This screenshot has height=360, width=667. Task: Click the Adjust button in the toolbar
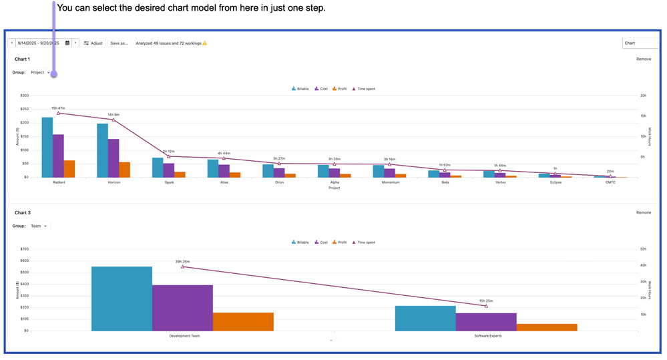click(x=93, y=43)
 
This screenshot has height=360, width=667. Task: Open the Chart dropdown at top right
click(x=640, y=43)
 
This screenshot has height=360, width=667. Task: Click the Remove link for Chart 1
click(x=643, y=59)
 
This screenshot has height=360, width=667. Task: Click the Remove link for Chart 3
click(x=643, y=212)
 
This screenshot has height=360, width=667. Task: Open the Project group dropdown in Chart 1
click(x=40, y=72)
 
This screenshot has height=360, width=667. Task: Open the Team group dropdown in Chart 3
click(x=39, y=226)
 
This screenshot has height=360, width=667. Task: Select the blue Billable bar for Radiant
click(x=47, y=148)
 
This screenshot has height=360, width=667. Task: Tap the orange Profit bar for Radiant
click(x=69, y=168)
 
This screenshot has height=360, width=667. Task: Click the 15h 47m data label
click(x=58, y=108)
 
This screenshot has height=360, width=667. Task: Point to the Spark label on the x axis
click(x=169, y=182)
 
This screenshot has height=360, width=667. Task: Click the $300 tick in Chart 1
click(x=24, y=96)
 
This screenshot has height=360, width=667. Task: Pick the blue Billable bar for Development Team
click(x=122, y=299)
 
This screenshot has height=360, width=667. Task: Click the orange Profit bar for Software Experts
click(x=546, y=327)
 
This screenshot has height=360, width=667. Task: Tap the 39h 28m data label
click(x=182, y=262)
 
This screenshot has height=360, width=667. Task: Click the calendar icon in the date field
click(x=67, y=43)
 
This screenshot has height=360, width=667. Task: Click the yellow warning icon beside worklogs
click(x=205, y=43)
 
